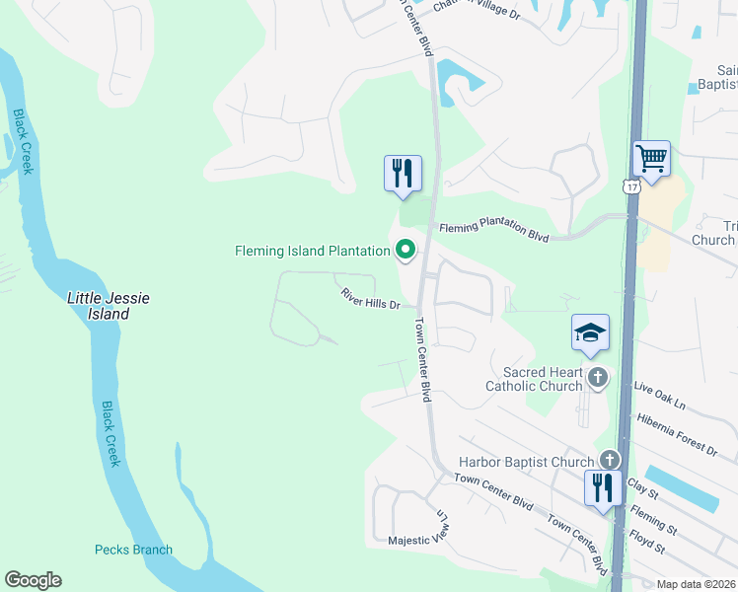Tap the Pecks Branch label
[x=133, y=550]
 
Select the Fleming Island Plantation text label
[x=312, y=251]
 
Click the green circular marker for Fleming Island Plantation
[x=405, y=251]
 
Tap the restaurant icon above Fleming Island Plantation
[x=403, y=174]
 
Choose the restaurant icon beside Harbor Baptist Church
[x=601, y=488]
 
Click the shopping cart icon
[x=651, y=158]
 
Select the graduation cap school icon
[x=590, y=333]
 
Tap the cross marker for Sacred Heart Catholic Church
[x=597, y=377]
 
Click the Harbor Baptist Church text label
[x=526, y=462]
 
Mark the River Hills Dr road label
[x=370, y=298]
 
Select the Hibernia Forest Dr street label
[x=678, y=434]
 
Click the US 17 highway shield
[x=629, y=186]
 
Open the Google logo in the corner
[x=34, y=580]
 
